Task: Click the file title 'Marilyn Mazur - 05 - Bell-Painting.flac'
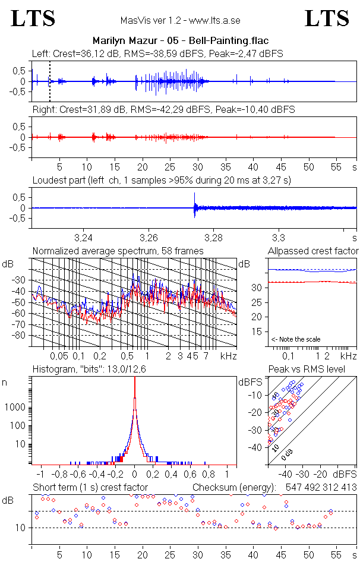(180, 41)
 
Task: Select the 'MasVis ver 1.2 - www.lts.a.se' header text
(180, 20)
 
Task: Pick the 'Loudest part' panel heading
(162, 180)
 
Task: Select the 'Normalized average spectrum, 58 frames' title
(118, 251)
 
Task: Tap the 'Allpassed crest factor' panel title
(313, 251)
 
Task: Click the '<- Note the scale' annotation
(296, 339)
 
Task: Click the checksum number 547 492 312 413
(321, 487)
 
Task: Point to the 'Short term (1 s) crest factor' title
(90, 487)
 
